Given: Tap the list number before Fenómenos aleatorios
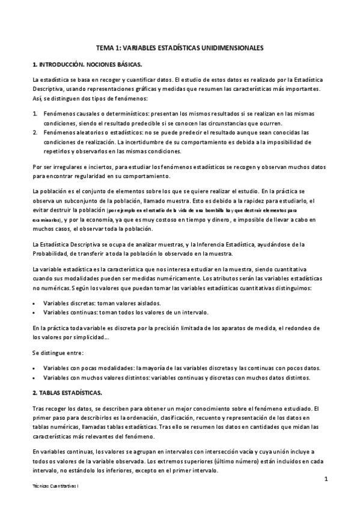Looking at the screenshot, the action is [35, 132].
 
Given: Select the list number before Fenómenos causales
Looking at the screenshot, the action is [35, 113].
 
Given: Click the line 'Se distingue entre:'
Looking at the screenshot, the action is [58, 352].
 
